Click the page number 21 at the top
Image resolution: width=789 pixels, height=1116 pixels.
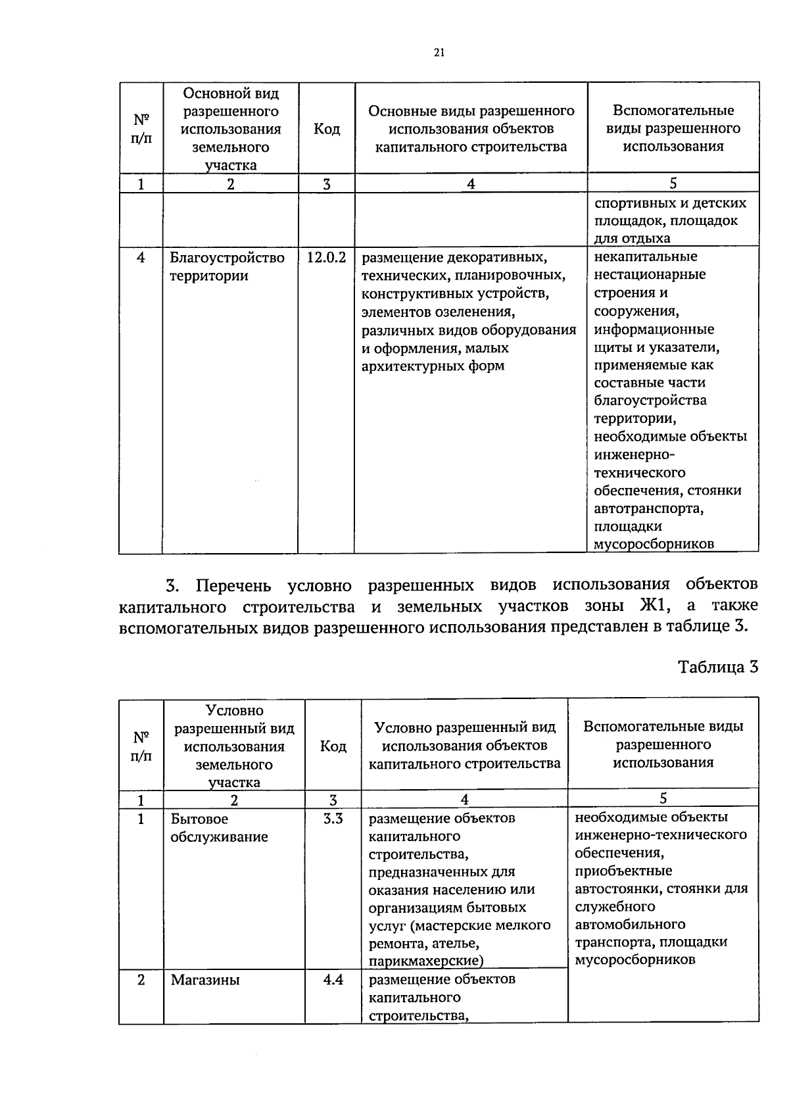(439, 53)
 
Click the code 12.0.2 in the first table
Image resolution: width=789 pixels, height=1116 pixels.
(326, 257)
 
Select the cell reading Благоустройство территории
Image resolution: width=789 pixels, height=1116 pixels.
(227, 266)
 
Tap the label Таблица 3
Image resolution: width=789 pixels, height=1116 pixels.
(718, 667)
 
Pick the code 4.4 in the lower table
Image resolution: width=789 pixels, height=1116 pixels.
(333, 980)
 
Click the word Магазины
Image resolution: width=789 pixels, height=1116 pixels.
(205, 980)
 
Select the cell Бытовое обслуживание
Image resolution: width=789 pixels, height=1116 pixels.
(219, 828)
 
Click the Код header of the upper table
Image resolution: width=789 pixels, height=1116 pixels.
(326, 129)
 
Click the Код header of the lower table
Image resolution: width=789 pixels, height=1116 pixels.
(333, 746)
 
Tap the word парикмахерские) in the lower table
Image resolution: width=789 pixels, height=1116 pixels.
(425, 961)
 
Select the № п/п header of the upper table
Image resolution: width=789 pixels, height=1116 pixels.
(141, 129)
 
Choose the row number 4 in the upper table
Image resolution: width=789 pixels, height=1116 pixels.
(141, 257)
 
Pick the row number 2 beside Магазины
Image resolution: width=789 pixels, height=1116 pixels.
(141, 980)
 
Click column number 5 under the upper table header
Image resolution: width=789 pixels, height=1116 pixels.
(673, 183)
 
